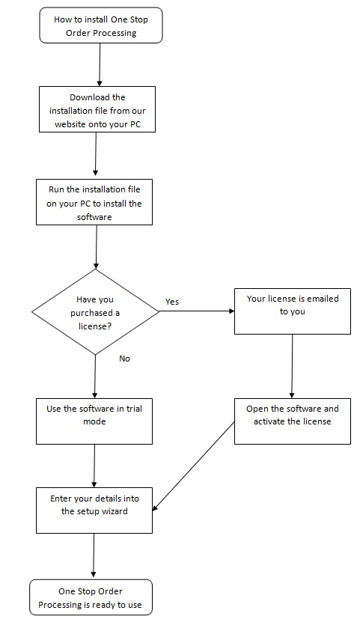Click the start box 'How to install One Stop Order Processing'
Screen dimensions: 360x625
[x=101, y=25]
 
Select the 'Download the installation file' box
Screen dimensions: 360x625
[x=97, y=109]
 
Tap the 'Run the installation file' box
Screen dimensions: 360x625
[x=94, y=202]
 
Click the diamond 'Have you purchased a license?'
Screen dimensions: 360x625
[x=95, y=311]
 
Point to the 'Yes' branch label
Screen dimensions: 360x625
[x=172, y=302]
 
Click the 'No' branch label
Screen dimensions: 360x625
[x=125, y=359]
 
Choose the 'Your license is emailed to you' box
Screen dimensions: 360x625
[x=293, y=311]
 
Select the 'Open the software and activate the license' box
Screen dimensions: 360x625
[x=293, y=421]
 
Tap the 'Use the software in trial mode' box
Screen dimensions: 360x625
[x=94, y=421]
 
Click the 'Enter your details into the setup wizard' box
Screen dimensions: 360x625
[x=94, y=510]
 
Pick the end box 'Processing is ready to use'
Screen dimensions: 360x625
[x=91, y=597]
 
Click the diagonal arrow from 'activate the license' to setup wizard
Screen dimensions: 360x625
[x=194, y=466]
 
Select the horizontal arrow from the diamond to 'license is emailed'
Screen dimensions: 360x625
[x=197, y=311]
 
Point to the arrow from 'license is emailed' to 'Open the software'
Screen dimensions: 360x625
[x=292, y=366]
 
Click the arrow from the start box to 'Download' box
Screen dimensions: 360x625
[x=100, y=64]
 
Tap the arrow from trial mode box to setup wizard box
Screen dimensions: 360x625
[x=94, y=466]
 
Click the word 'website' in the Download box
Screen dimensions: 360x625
[x=70, y=124]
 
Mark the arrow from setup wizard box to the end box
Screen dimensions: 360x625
[x=94, y=556]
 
